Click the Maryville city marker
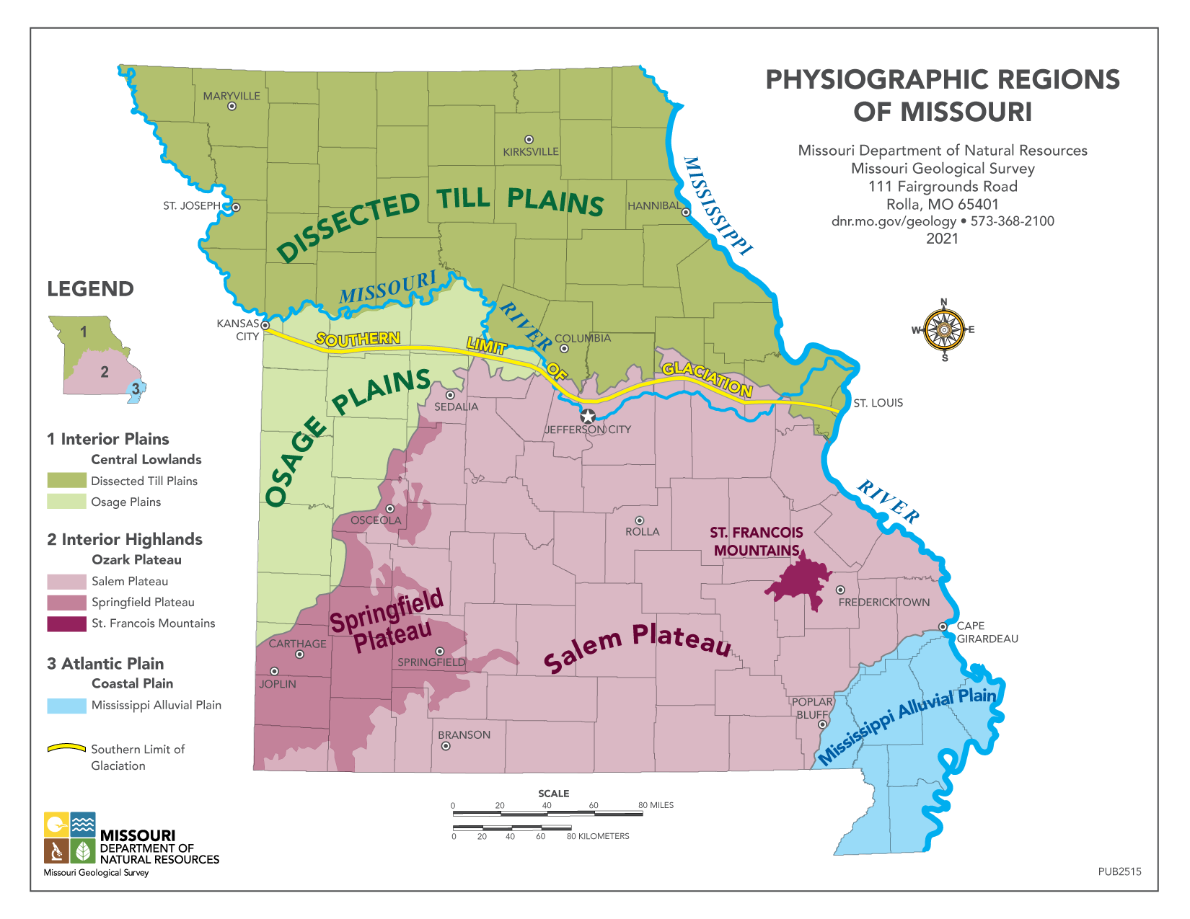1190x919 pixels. (232, 106)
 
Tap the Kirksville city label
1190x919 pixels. (531, 152)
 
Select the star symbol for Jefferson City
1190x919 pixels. (588, 417)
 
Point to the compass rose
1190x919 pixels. (944, 329)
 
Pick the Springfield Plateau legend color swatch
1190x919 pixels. (66, 603)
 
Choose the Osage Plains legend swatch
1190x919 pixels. (66, 502)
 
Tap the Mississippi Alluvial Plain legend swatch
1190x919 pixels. (66, 706)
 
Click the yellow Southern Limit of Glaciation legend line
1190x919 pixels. (66, 749)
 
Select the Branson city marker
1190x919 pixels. (446, 746)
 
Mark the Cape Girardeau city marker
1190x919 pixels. (943, 626)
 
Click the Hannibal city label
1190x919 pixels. (653, 206)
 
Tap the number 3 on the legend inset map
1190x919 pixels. (136, 389)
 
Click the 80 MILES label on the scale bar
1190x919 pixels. (656, 805)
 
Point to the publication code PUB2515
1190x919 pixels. (1119, 871)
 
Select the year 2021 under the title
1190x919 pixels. (942, 239)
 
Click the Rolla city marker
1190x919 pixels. (639, 520)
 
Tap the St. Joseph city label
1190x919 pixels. (191, 206)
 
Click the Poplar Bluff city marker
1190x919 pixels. (822, 724)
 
